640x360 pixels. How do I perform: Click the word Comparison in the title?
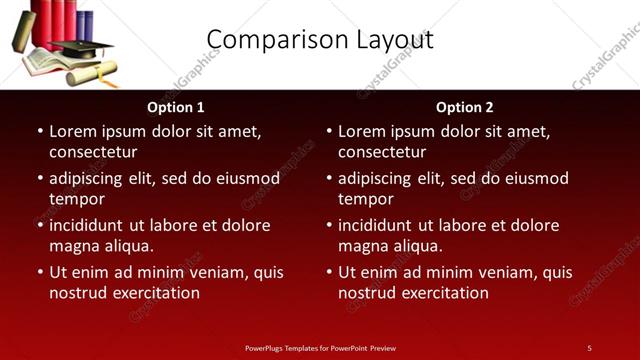point(267,40)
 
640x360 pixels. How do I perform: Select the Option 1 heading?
point(176,107)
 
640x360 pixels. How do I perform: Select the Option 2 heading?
point(465,107)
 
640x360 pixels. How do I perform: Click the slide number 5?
point(589,348)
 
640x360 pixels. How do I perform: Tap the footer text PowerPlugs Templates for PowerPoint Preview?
point(320,348)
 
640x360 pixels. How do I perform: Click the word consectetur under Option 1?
point(93,152)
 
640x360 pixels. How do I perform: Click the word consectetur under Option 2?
point(382,152)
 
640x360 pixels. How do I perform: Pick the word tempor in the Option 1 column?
point(76,199)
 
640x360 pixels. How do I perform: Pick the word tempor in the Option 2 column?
point(365,199)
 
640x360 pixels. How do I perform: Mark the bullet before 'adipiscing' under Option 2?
point(329,178)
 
